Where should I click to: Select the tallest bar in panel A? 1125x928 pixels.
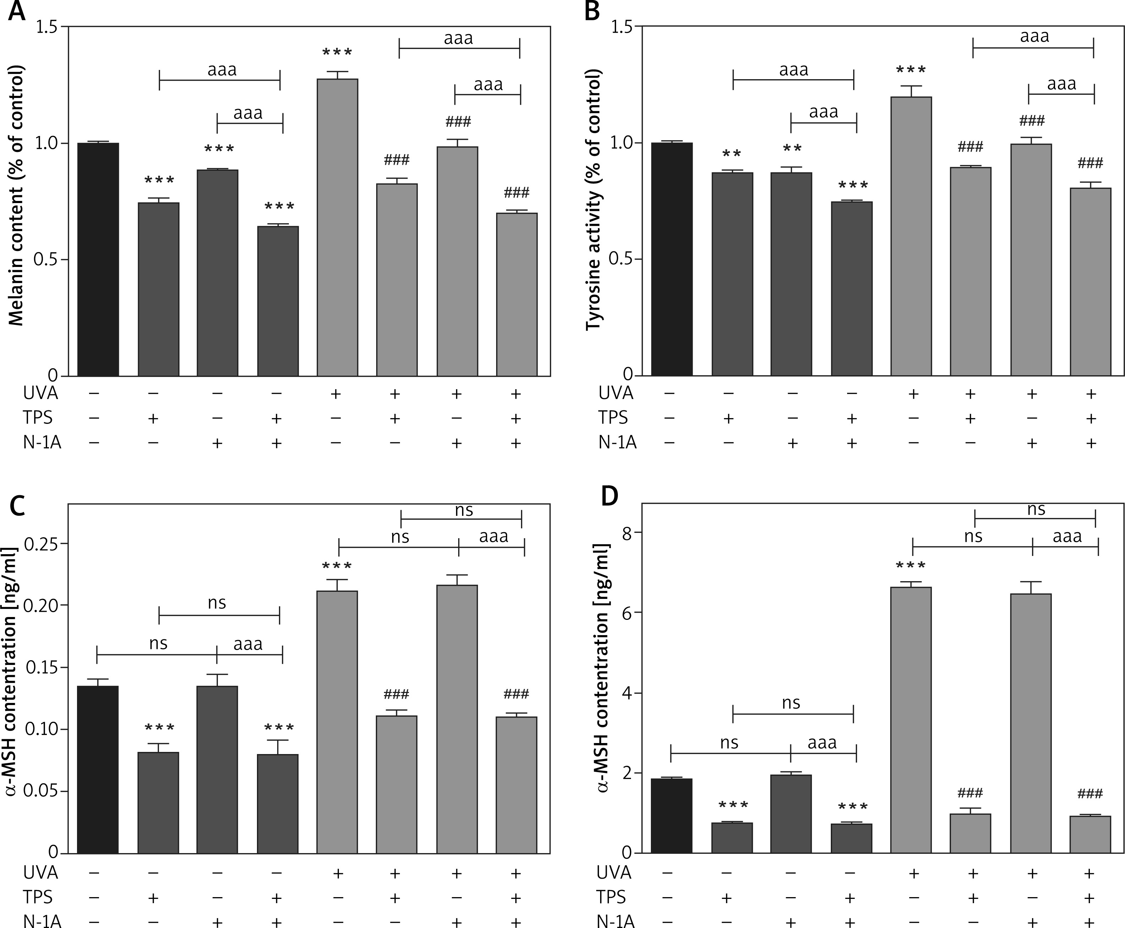pyautogui.click(x=338, y=227)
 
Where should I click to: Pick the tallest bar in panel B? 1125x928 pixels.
pyautogui.click(x=911, y=236)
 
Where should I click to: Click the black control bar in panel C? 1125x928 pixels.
pyautogui.click(x=98, y=770)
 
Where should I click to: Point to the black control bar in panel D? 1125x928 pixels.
pyautogui.click(x=672, y=816)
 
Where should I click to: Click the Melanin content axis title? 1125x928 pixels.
pyautogui.click(x=17, y=195)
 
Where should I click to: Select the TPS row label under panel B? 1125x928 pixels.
pyautogui.click(x=613, y=417)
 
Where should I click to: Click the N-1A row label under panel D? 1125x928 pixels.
pyautogui.click(x=616, y=921)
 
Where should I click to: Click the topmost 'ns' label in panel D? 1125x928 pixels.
pyautogui.click(x=1036, y=509)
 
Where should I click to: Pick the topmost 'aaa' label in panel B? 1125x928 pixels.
pyautogui.click(x=1034, y=36)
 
